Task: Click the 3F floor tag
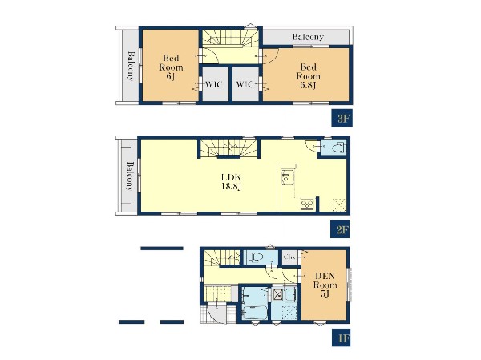click(342, 118)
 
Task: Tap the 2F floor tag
click(341, 229)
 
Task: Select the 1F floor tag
click(342, 338)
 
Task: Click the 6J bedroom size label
click(171, 76)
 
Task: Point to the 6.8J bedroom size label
click(308, 85)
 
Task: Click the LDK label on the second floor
click(232, 177)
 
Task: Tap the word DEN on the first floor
click(325, 276)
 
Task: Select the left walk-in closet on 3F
click(216, 83)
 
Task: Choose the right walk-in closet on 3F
click(245, 83)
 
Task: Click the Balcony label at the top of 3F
click(308, 37)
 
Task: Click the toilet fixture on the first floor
click(257, 257)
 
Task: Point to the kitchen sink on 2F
click(286, 178)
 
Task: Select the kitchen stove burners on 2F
click(307, 204)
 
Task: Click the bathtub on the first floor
click(255, 313)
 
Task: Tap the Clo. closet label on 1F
click(289, 257)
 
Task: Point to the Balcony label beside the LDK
click(130, 176)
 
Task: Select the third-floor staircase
click(231, 39)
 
